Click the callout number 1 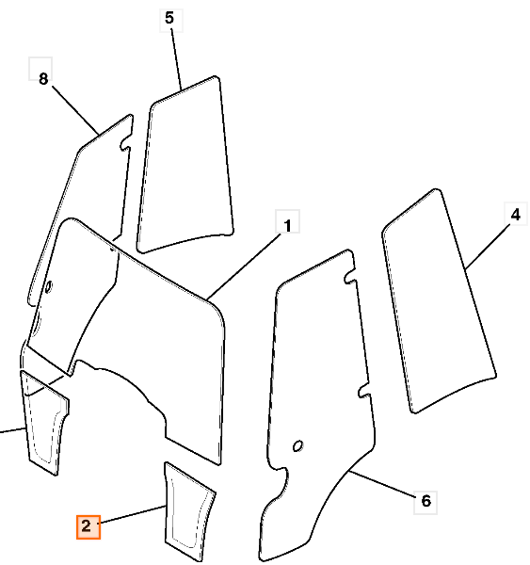[287, 226]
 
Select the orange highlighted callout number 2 [87, 526]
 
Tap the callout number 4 [516, 215]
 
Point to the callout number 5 [169, 17]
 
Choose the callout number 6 [426, 501]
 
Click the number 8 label [43, 78]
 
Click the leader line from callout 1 [245, 266]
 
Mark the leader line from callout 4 [488, 247]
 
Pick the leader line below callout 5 [177, 59]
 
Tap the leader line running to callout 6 [382, 484]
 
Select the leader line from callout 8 [75, 109]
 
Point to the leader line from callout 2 [133, 514]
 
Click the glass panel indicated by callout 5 [185, 166]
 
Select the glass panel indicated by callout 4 [440, 302]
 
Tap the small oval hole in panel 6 [298, 446]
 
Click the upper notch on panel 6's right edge [350, 276]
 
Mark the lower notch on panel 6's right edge [364, 391]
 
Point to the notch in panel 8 [125, 142]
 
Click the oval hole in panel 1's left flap [48, 287]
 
